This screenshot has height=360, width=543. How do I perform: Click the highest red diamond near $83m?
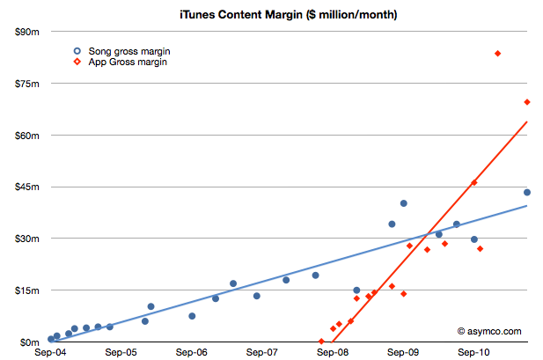tap(498, 54)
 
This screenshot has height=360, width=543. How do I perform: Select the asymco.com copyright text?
tap(489, 331)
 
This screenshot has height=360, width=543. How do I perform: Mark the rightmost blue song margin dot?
tap(527, 192)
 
